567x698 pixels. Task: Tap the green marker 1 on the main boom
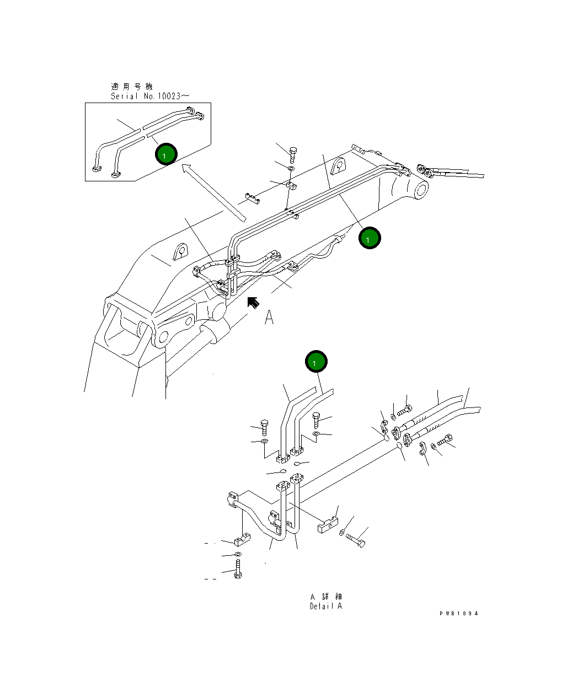point(369,238)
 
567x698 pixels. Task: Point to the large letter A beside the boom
point(269,317)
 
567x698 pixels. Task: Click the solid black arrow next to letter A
point(253,302)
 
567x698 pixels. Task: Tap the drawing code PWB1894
point(458,613)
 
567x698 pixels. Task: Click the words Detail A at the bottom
point(325,606)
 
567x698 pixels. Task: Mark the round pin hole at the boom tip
point(419,190)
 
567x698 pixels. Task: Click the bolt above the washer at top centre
point(293,153)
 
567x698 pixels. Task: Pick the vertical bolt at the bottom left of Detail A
point(238,568)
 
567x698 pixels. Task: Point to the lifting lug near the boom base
point(180,251)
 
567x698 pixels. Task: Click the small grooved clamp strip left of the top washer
point(253,198)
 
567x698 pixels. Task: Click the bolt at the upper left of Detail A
point(264,427)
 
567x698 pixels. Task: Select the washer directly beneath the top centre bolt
point(292,168)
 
